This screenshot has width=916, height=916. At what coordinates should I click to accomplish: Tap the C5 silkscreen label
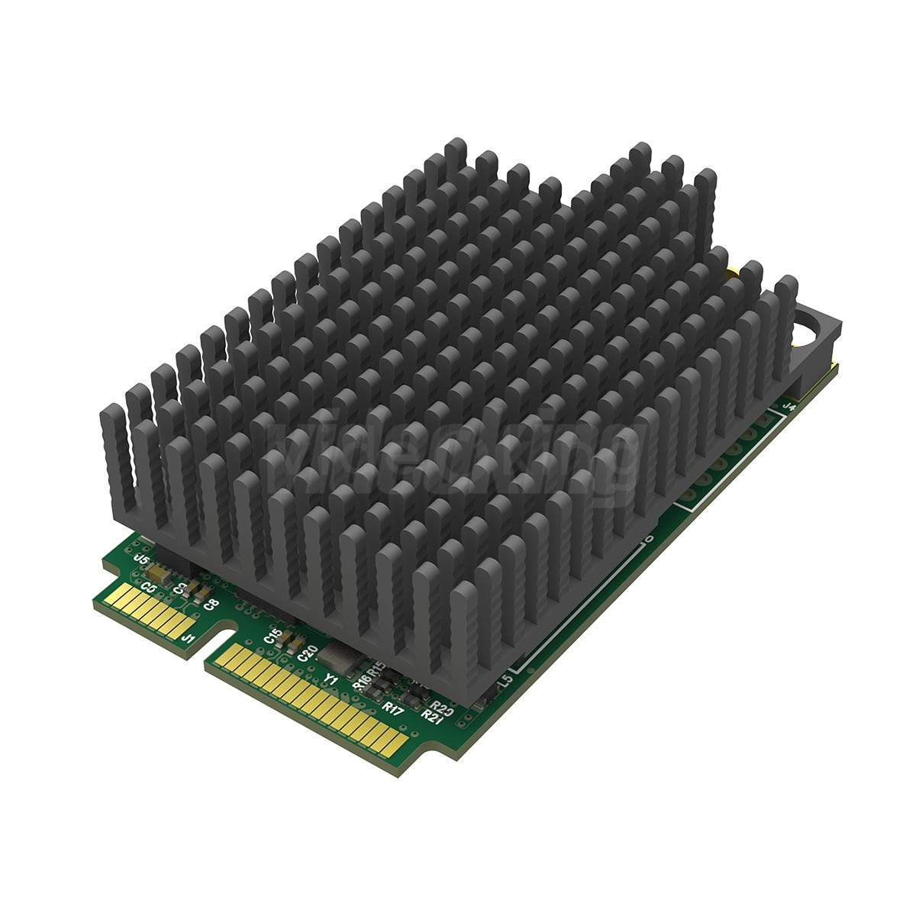click(150, 588)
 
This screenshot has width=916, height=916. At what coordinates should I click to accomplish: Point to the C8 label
click(211, 604)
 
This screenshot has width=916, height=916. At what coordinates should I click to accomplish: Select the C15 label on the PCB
click(273, 634)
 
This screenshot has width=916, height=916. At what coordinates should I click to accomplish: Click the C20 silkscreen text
click(308, 653)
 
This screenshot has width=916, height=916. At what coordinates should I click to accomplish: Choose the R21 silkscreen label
click(433, 715)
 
